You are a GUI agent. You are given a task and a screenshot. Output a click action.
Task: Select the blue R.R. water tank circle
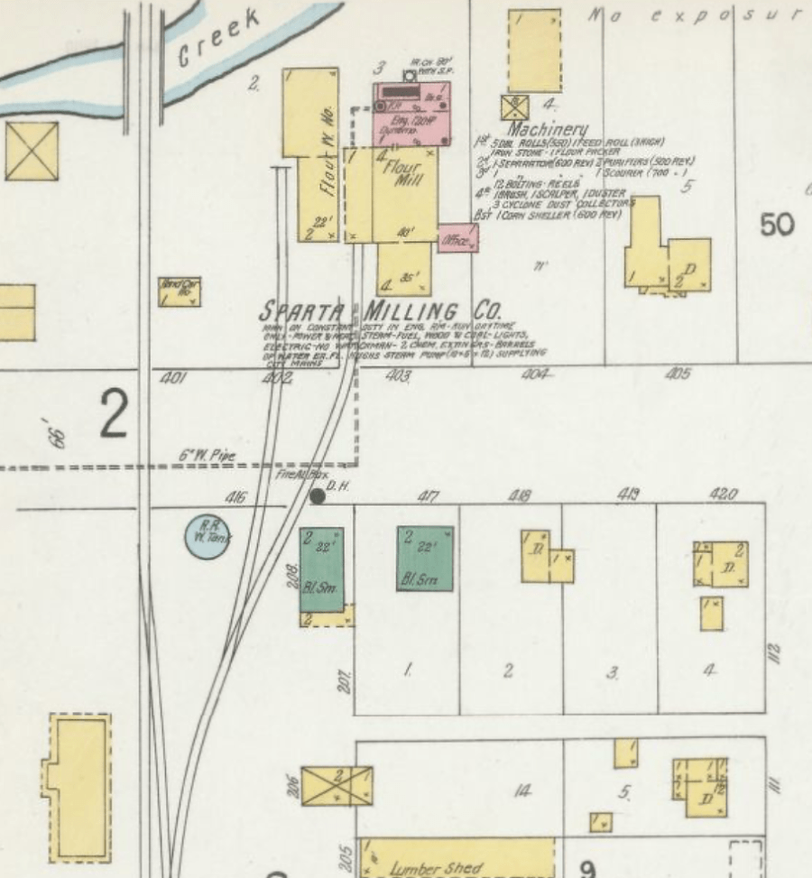208,536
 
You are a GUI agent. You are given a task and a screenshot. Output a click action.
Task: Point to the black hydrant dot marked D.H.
317,495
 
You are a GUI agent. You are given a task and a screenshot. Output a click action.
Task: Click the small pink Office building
458,238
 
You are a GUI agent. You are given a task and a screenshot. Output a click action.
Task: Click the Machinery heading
548,130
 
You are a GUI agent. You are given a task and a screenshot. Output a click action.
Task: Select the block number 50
777,225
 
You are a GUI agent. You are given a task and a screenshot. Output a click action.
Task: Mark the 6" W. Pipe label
206,457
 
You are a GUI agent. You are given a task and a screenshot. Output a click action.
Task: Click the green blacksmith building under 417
425,559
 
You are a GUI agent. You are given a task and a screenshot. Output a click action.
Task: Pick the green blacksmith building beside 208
322,569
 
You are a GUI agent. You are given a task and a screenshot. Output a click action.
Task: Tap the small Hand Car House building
180,291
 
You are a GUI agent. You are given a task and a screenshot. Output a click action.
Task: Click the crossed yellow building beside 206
336,786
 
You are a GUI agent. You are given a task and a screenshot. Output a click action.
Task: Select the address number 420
724,494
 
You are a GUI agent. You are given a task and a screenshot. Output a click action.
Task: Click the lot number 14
521,792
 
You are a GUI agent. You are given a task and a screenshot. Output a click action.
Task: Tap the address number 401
172,378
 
